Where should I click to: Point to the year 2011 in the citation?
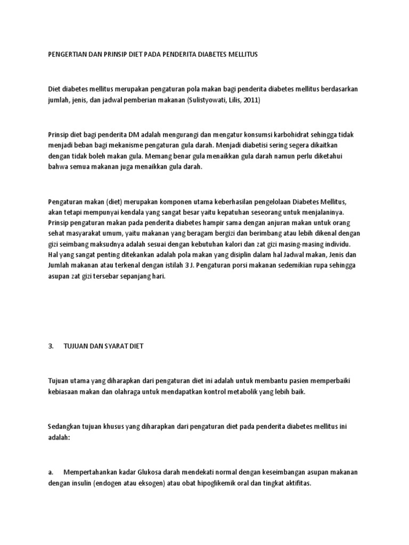point(251,100)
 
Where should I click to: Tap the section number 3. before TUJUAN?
point(52,346)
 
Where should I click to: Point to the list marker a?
point(51,472)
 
